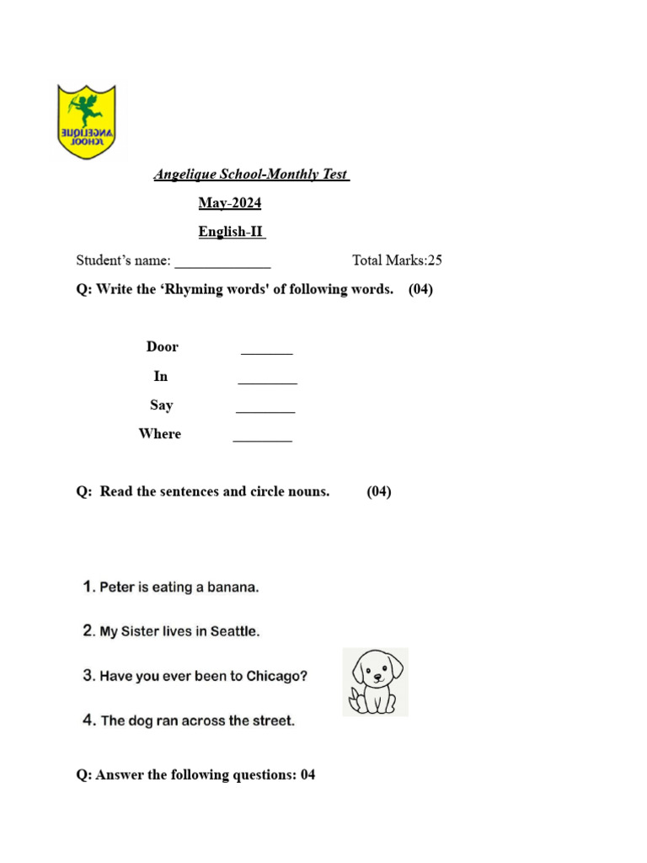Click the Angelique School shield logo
86,121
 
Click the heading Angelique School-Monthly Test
250,174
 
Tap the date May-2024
230,203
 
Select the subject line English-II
232,232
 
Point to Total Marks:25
397,260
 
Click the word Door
163,347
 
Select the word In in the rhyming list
161,376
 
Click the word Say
162,405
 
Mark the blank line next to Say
265,410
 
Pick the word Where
160,434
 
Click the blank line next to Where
262,439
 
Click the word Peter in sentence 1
117,587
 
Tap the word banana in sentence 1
232,587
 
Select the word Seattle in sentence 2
235,631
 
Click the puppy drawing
376,682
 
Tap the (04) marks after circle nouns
378,491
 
